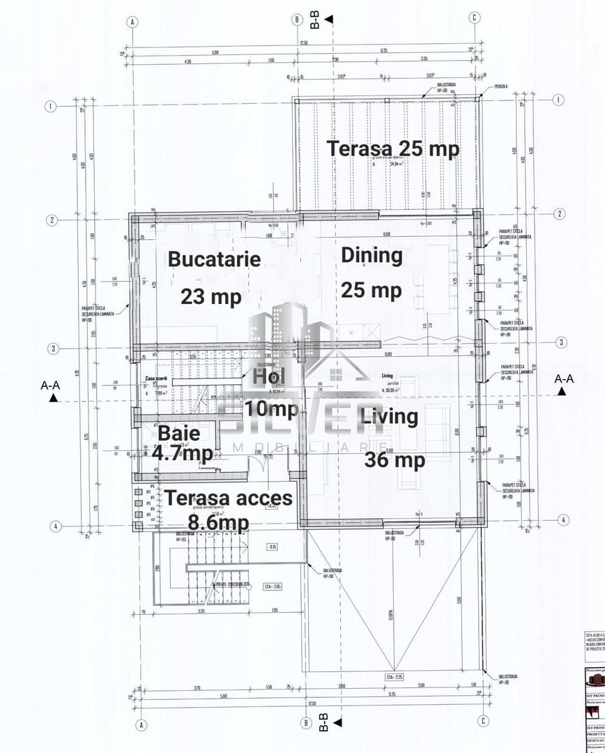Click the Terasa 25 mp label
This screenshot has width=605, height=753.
393,149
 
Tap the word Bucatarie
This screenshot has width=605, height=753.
214,259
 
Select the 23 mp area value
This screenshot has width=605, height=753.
211,296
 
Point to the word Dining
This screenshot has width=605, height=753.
372,255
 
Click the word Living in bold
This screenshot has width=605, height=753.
390,417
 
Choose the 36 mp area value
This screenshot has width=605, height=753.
395,460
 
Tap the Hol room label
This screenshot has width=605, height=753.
269,377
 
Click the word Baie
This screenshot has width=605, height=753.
179,433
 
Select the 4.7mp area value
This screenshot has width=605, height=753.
183,452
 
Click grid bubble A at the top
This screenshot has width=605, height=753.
132,22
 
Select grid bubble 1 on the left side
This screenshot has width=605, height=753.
50,107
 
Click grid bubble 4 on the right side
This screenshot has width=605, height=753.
565,519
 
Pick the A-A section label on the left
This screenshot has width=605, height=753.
54,385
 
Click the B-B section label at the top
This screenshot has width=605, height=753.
314,21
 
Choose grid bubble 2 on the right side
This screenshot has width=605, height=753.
559,213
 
